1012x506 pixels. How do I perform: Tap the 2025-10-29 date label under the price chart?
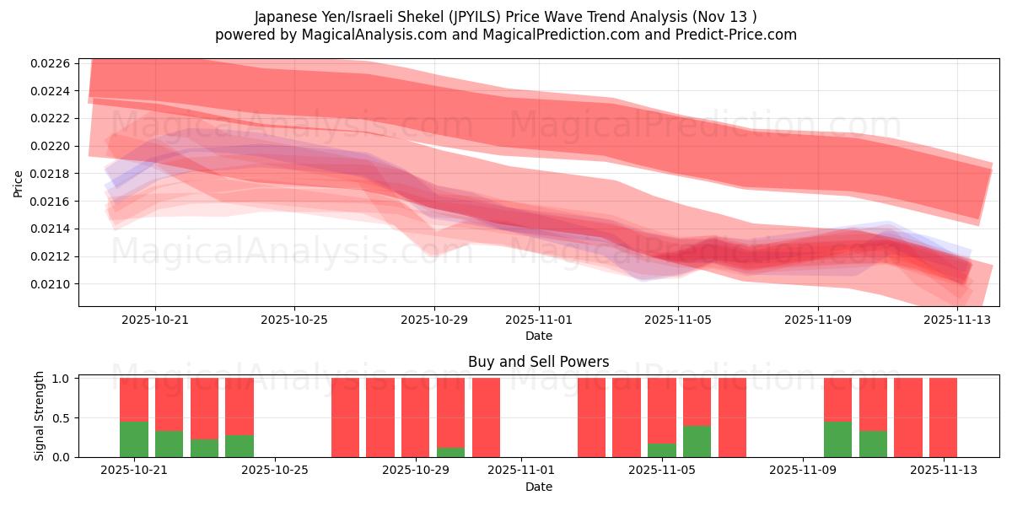(x=434, y=320)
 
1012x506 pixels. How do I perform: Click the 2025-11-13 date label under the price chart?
(x=957, y=320)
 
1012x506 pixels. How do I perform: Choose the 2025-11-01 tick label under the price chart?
(x=539, y=320)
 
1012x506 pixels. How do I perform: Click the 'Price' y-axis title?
(x=18, y=183)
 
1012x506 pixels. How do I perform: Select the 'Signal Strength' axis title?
(x=40, y=417)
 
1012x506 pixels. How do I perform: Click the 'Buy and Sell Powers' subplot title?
(x=539, y=362)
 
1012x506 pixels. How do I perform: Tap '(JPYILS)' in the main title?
(x=481, y=17)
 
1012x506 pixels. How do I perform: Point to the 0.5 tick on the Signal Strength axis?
(x=62, y=418)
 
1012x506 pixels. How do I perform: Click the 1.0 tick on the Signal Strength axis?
(x=62, y=379)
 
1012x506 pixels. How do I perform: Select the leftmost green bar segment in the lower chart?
(x=134, y=439)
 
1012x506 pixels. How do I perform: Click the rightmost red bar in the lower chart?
(x=943, y=417)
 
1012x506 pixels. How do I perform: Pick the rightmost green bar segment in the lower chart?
(x=873, y=444)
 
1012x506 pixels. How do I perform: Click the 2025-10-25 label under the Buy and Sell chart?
(x=274, y=471)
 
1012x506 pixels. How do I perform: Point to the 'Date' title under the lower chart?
(x=539, y=487)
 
